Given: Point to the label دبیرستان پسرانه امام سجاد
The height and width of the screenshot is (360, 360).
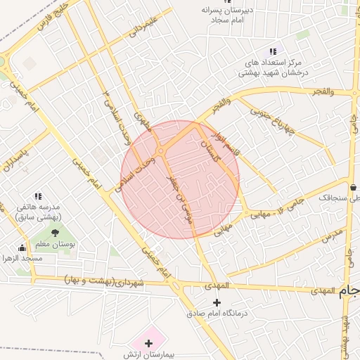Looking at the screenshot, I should [229, 17].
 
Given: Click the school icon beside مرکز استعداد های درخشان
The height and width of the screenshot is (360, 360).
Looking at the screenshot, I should [273, 51].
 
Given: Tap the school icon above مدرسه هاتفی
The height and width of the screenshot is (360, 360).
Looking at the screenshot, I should [38, 196].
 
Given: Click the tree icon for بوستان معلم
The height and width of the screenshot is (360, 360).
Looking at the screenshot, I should [55, 233].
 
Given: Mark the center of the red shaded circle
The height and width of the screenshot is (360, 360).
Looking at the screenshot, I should [180, 180].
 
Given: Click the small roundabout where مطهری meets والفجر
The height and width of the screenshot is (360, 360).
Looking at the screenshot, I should [161, 150].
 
